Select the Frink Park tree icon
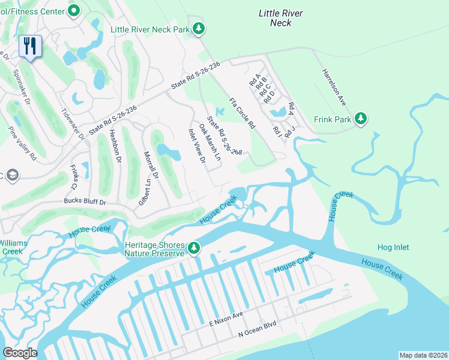(361, 119)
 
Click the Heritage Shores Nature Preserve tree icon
(193, 248)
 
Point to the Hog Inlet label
(393, 247)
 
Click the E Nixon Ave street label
(226, 319)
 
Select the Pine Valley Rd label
(22, 143)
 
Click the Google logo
(20, 353)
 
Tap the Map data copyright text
(423, 355)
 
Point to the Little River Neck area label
(280, 18)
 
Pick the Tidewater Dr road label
(73, 124)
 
